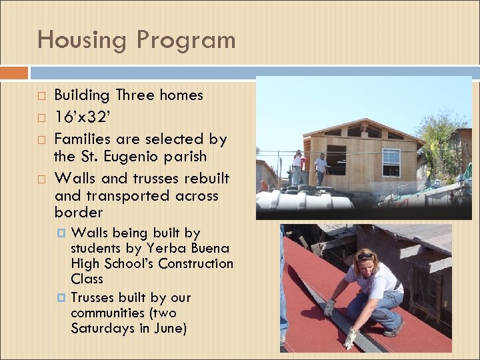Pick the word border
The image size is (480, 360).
click(79, 213)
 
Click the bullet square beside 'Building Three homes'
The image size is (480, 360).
click(41, 96)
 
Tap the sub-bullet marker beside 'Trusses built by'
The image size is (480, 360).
click(61, 298)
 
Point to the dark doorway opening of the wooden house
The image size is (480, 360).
click(337, 159)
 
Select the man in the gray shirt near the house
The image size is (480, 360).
click(321, 168)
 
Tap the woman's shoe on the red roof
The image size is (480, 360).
click(394, 328)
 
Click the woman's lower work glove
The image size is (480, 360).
click(349, 337)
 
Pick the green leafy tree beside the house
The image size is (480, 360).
click(440, 140)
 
